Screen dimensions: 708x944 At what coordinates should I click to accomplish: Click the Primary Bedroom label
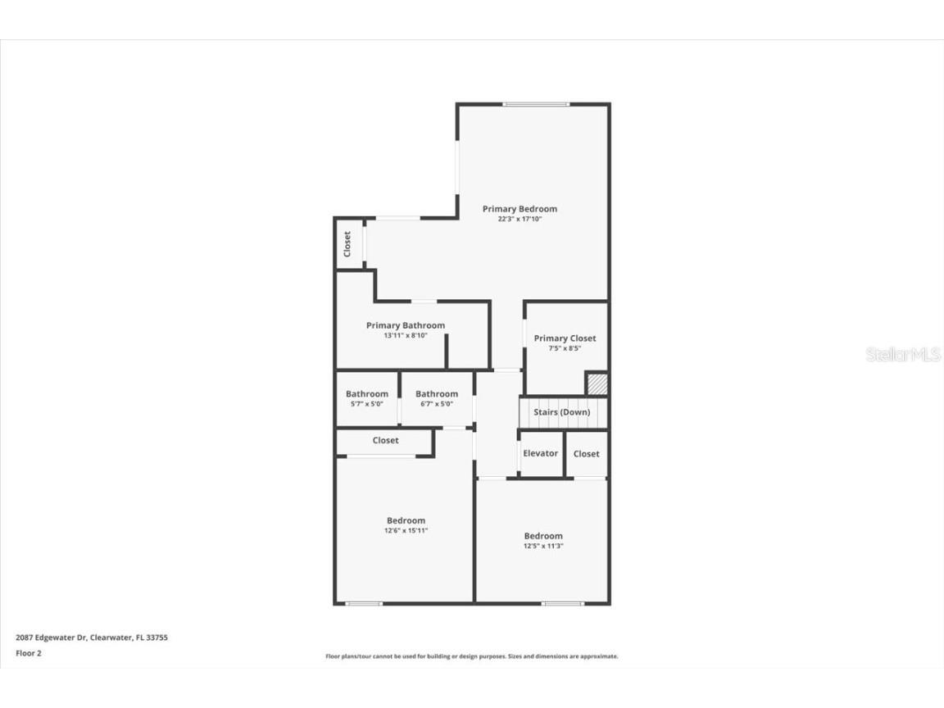[x=520, y=209]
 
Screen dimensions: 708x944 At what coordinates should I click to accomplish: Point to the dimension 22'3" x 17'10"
[x=520, y=220]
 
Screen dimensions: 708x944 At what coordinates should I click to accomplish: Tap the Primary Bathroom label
[x=406, y=325]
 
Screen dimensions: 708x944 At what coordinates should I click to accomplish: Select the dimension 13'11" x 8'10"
[x=406, y=336]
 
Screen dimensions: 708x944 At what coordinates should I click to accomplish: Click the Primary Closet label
[x=565, y=338]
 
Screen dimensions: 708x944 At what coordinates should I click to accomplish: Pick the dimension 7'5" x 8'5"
[x=565, y=348]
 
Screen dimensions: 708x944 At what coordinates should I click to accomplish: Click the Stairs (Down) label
[x=561, y=412]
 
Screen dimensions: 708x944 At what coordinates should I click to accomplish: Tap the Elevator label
[x=540, y=453]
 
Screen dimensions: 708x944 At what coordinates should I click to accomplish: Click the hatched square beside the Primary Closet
[x=597, y=383]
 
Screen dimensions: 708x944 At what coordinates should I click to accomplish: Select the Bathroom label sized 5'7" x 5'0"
[x=366, y=394]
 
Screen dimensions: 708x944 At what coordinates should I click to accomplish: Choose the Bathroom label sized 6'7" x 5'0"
[x=436, y=394]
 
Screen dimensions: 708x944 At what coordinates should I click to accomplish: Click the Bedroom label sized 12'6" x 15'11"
[x=406, y=520]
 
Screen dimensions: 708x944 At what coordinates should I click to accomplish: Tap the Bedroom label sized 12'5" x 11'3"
[x=543, y=536]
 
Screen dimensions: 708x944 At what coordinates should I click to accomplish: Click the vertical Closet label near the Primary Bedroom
[x=347, y=243]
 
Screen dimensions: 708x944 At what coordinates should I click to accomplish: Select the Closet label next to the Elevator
[x=586, y=454]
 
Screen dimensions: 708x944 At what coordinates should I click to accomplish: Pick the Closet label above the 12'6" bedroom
[x=385, y=441]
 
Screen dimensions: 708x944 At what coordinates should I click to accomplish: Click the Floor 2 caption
[x=28, y=653]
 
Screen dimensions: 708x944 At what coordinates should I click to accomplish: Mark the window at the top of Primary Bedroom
[x=536, y=104]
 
